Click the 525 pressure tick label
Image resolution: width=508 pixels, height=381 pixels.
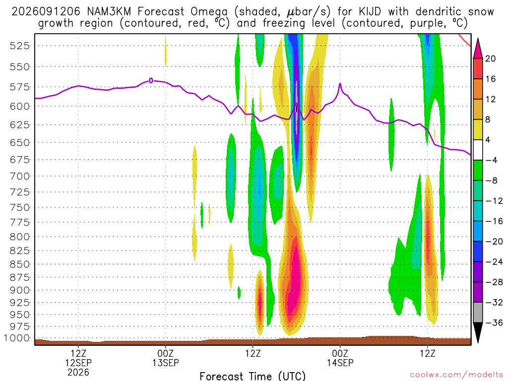pos(19,46)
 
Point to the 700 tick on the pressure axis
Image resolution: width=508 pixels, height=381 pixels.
pos(19,176)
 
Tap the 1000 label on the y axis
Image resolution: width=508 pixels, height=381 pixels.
pos(17,338)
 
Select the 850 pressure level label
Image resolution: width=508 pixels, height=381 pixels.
pos(19,264)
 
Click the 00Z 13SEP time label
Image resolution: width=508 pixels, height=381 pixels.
pos(166,358)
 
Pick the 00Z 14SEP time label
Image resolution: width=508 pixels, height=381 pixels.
pos(340,358)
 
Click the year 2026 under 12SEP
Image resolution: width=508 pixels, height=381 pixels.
pos(78,372)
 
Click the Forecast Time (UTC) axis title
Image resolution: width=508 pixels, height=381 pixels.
pos(253,376)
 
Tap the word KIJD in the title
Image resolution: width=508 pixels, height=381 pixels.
pos(370,12)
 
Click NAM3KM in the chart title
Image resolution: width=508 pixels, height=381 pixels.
pos(109,12)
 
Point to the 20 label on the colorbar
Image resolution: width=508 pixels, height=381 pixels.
pos(490,59)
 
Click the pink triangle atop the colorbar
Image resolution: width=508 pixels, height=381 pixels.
pos(478,49)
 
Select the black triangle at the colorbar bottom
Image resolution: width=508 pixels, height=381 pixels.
pos(478,332)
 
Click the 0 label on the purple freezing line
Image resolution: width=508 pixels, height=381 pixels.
pos(151,80)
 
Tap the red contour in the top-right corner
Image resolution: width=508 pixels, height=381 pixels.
pos(464,40)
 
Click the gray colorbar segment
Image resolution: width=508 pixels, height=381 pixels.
pos(478,313)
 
